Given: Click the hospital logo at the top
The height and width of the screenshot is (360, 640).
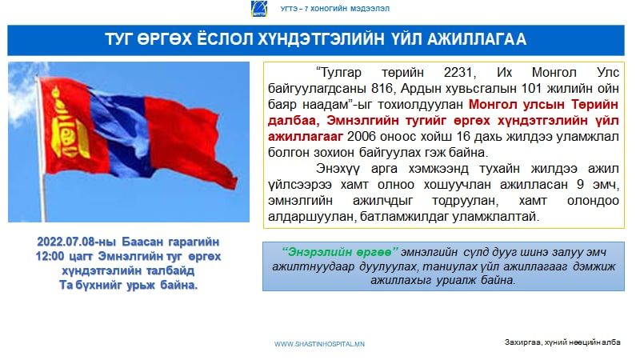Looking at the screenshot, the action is [x=258, y=9].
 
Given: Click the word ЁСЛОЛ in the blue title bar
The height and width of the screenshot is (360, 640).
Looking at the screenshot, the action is [x=225, y=39].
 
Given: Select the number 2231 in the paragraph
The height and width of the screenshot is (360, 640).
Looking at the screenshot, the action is [x=458, y=73].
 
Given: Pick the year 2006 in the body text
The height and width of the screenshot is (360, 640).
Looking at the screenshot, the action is [x=362, y=137].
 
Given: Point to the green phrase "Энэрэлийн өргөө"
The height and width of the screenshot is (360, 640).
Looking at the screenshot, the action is [x=339, y=252].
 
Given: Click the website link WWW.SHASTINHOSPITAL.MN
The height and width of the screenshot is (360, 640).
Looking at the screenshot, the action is [x=319, y=344].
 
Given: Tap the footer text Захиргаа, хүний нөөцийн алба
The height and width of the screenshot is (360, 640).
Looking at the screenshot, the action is [x=562, y=342].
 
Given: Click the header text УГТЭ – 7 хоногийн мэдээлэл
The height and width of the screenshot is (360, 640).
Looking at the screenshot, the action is [x=335, y=9].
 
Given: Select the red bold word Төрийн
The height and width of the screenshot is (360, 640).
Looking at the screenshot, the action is [x=594, y=105].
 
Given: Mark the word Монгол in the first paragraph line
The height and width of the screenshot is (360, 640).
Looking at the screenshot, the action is [x=554, y=73].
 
